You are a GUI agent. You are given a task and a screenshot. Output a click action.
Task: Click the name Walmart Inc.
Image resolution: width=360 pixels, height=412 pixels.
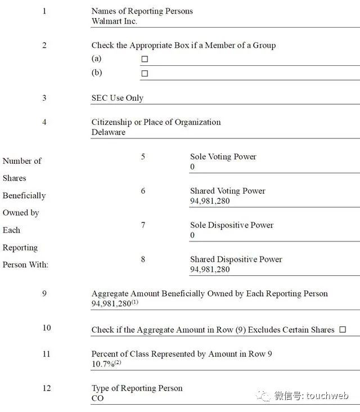[x=114, y=21]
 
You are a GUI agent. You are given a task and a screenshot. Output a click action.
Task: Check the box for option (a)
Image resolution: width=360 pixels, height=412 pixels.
[x=145, y=59]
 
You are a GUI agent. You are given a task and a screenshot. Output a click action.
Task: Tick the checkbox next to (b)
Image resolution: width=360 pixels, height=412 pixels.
[x=145, y=73]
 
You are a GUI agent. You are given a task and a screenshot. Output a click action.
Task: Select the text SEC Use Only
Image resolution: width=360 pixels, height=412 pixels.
[x=118, y=98]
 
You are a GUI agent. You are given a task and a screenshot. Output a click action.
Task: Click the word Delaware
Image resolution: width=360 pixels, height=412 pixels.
[x=109, y=132]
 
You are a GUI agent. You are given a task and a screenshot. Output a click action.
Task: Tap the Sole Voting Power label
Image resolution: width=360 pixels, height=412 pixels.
[x=223, y=156]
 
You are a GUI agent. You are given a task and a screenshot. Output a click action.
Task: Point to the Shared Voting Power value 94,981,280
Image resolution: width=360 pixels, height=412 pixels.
[x=210, y=201]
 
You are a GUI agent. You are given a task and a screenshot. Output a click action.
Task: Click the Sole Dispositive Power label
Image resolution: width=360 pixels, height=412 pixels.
[x=232, y=225]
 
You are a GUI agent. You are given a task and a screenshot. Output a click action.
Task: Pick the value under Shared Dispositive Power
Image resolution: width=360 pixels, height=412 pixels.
[x=210, y=270]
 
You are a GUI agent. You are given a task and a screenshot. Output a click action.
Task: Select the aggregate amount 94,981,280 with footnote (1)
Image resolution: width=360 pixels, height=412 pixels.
[x=111, y=304]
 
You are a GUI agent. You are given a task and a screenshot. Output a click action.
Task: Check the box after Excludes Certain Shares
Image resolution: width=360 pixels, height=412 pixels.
[x=343, y=330]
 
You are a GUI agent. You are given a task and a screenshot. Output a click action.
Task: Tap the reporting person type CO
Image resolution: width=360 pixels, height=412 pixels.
[x=98, y=398]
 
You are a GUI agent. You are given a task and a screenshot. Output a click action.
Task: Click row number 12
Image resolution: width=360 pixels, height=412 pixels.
[x=46, y=388]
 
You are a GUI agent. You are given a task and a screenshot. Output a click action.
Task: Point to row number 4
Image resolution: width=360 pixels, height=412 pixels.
[x=44, y=122]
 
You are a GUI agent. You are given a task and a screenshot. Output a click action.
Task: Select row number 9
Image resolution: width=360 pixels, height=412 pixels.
[x=44, y=293]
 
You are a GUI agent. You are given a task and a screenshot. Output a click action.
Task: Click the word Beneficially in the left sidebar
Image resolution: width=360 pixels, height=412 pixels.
[x=24, y=195]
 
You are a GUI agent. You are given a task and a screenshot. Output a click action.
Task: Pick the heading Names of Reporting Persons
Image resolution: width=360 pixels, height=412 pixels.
[x=142, y=11]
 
